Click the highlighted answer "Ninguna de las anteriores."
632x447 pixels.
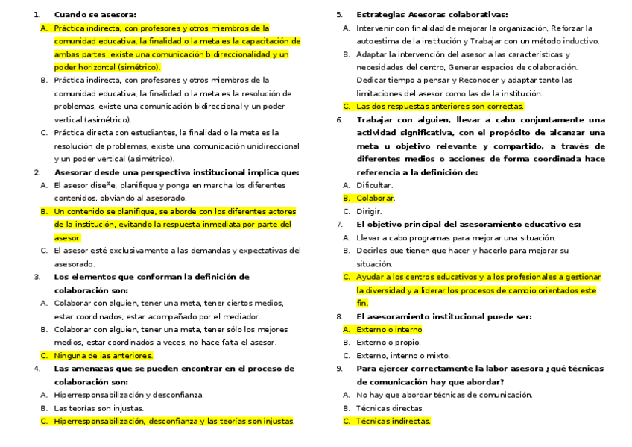(103, 355)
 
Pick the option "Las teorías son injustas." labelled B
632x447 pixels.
(98, 407)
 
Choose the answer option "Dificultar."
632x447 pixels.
(374, 185)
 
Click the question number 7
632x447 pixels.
(340, 224)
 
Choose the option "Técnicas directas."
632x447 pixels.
(389, 407)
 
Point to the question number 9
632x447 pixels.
(340, 369)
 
